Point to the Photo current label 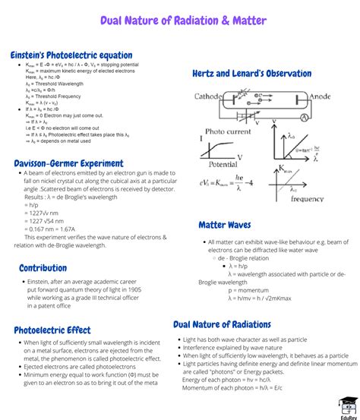tap(227, 131)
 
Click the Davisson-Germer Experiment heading tap(68, 163)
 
